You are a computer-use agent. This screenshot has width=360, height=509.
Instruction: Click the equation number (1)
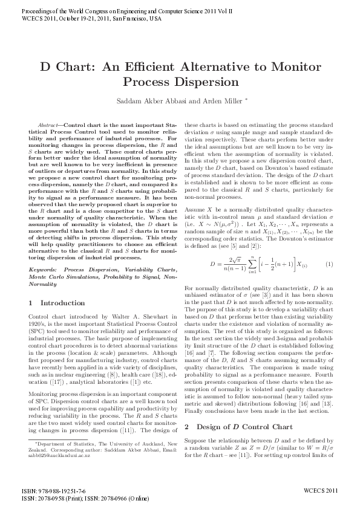[329, 264]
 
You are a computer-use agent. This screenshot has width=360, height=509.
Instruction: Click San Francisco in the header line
[120, 19]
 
